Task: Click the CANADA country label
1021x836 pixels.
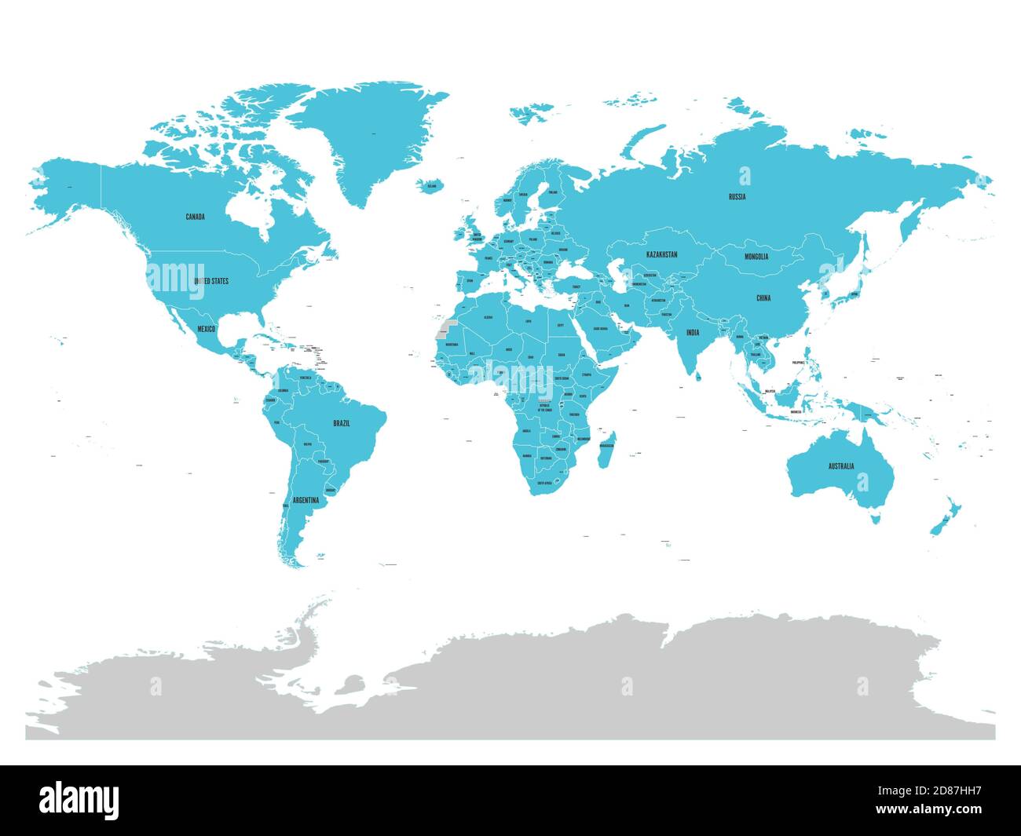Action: [195, 217]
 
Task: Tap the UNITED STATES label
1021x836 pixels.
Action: [211, 280]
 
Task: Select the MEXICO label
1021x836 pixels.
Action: [207, 328]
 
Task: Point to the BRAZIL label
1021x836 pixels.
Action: [342, 423]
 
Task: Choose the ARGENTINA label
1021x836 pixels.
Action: [306, 500]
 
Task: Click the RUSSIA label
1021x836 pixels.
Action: [737, 197]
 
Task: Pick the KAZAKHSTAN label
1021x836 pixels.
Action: [662, 255]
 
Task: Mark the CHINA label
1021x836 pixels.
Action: [763, 298]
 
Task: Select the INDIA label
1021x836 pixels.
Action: [692, 333]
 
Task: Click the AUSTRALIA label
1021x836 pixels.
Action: [840, 466]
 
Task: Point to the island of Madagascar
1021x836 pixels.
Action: [606, 448]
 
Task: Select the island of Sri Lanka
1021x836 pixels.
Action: [698, 375]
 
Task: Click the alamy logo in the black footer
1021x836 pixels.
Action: [79, 800]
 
